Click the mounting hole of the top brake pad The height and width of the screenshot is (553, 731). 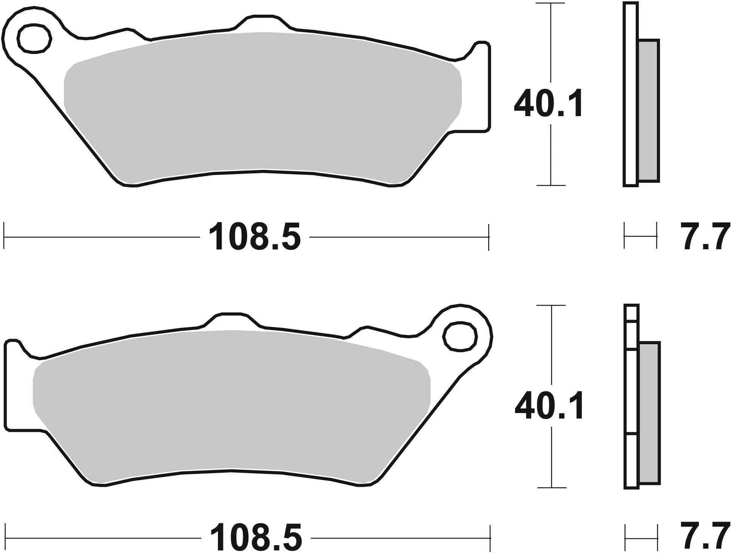coord(34,38)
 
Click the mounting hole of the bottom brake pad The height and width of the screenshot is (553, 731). coord(460,336)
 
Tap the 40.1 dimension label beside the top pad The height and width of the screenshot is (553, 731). coord(549,103)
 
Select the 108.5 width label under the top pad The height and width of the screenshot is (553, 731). coord(255,237)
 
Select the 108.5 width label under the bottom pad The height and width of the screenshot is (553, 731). coord(256,537)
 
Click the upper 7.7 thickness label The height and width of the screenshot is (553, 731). coord(706,237)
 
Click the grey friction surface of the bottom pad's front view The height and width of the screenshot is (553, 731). coord(231,401)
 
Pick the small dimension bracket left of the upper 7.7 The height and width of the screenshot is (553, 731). coord(640,236)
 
